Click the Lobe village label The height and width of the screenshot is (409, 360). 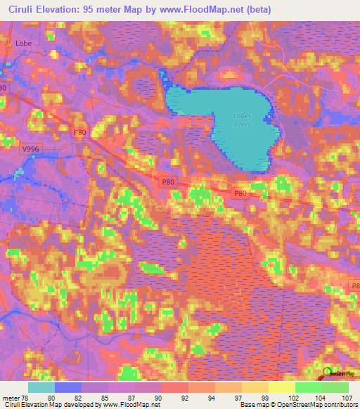tap(24, 42)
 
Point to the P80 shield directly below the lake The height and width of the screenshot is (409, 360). tap(168, 181)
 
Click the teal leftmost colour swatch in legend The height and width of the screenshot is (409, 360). tap(41, 387)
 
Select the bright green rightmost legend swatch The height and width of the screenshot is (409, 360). tap(335, 387)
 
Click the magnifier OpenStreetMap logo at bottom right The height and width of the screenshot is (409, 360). tap(328, 373)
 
